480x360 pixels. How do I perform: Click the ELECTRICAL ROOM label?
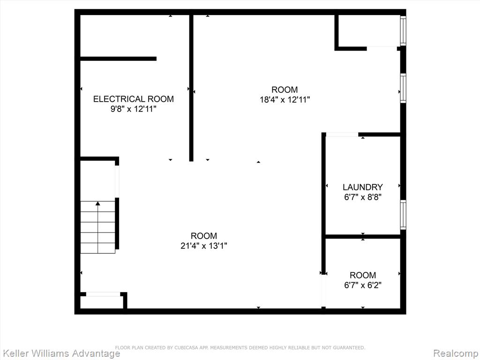coord(134,99)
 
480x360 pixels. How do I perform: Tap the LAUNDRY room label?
coord(363,187)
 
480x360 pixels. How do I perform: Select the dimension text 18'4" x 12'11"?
coord(285,100)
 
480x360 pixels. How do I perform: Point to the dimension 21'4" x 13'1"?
coord(204,246)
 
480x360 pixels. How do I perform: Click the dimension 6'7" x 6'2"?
coord(363,285)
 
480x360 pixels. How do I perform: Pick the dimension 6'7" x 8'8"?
coord(363,197)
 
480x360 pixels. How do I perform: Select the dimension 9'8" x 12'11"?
coord(134,109)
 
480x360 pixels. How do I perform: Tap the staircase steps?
coord(97,227)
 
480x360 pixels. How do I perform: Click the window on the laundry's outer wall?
coord(403,215)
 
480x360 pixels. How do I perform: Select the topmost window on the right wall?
coord(403,30)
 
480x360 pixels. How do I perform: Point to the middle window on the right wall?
coord(403,88)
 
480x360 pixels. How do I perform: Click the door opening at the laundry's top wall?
coord(342,135)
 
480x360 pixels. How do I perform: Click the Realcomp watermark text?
coord(456,353)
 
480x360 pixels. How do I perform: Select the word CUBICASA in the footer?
coord(187,348)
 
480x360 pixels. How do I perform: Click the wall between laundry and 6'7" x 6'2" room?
coord(363,236)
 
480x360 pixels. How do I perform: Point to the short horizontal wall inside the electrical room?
coord(119,59)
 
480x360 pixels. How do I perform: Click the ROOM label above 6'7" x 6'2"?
coord(363,275)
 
